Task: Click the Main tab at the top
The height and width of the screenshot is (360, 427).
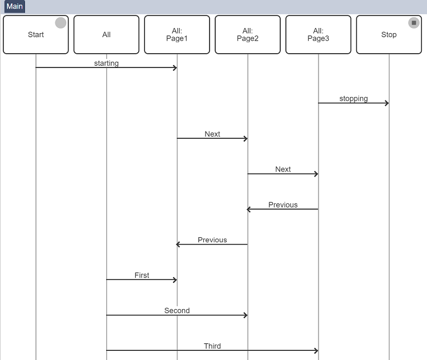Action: tap(15, 6)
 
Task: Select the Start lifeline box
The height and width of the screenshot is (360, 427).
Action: tap(35, 35)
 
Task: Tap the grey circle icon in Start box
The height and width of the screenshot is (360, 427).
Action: tap(61, 23)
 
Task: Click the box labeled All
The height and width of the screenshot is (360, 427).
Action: tap(106, 35)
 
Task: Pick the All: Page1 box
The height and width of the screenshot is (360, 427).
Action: tap(177, 35)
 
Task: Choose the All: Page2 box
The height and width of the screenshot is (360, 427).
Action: tap(248, 35)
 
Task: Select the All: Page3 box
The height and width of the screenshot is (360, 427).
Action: tap(319, 35)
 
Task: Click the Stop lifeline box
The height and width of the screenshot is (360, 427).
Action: tap(389, 35)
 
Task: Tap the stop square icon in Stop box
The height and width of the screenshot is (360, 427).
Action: tap(414, 23)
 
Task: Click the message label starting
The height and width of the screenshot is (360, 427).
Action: tap(106, 63)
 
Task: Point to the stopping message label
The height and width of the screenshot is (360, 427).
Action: tap(353, 99)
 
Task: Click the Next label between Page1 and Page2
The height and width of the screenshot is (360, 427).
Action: tap(212, 134)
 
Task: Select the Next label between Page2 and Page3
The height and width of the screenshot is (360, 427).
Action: tap(283, 169)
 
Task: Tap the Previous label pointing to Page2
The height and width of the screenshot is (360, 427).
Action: tap(283, 205)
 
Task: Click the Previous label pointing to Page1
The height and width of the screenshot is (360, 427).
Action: tap(212, 240)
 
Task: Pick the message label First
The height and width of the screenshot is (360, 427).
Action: tap(142, 275)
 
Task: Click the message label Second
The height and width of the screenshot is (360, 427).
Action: tap(177, 310)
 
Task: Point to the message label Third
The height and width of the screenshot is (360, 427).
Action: tap(212, 346)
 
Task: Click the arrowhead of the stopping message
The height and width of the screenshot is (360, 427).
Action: tap(387, 103)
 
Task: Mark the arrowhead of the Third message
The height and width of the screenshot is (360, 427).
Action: tap(316, 350)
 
